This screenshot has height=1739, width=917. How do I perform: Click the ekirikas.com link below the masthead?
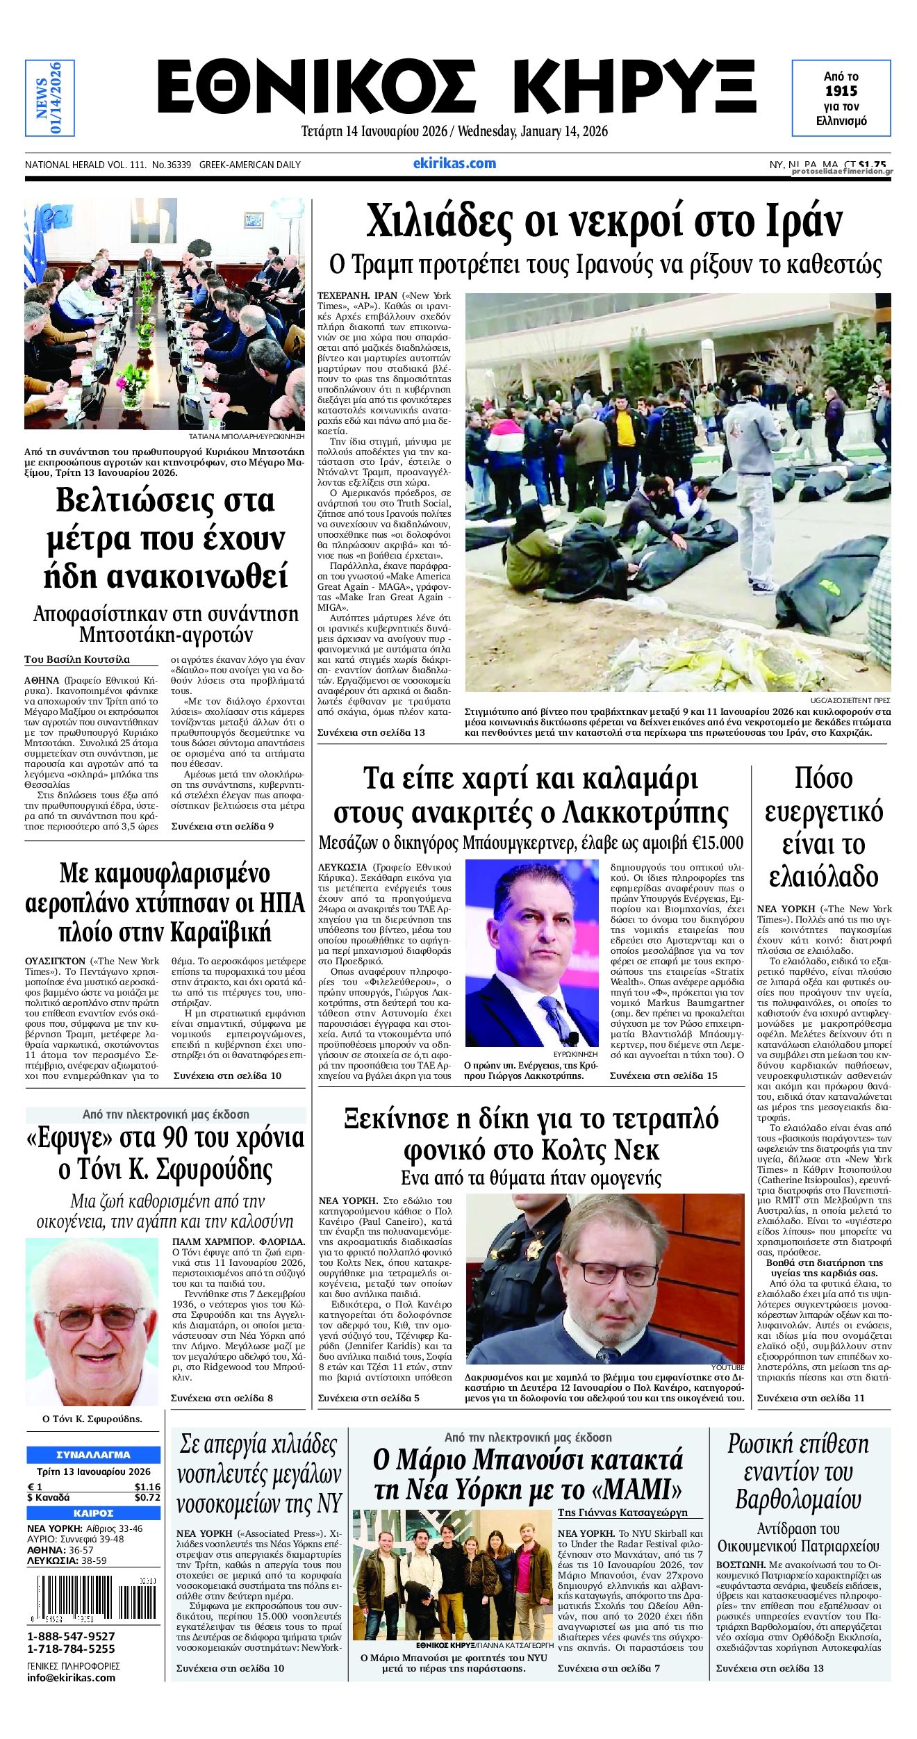[x=454, y=163]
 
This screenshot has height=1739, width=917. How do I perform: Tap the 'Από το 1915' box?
[x=841, y=98]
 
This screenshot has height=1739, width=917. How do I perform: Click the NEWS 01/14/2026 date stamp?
[x=49, y=98]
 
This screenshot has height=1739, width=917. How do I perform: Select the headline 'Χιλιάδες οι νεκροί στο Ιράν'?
[x=604, y=221]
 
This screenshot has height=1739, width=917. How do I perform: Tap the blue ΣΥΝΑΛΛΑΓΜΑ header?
[x=93, y=1454]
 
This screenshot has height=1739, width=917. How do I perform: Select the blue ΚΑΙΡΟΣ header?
[x=93, y=1513]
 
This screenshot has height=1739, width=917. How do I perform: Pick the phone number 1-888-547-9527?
[x=71, y=1636]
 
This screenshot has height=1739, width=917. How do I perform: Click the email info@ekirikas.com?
[x=71, y=1677]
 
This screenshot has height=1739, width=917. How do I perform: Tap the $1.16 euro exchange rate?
[x=147, y=1487]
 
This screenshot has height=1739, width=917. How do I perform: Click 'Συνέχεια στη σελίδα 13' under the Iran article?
[x=371, y=732]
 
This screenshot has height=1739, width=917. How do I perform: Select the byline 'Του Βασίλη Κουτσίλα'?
[x=77, y=659]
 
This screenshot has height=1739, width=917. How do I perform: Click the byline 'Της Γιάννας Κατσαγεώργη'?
[x=622, y=1512]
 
